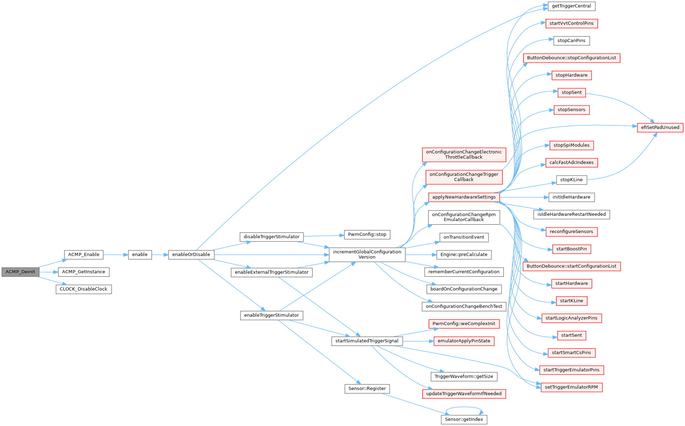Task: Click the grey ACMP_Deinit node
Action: [20, 272]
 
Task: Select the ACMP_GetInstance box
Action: [84, 272]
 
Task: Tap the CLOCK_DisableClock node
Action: [84, 289]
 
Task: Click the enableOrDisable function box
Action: [191, 255]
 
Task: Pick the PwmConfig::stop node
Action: [367, 235]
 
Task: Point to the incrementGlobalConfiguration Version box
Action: [367, 254]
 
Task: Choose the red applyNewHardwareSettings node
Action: [464, 197]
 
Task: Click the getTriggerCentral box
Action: [572, 6]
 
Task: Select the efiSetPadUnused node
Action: [660, 128]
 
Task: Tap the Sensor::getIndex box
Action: [464, 419]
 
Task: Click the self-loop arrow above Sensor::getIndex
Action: [464, 407]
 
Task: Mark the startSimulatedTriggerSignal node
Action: [367, 341]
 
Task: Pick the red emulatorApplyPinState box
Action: [464, 341]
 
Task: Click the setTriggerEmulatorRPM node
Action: [572, 387]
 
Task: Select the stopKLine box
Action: [572, 180]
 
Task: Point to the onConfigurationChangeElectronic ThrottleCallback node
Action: [464, 154]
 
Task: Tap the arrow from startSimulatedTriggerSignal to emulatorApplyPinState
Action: [418, 341]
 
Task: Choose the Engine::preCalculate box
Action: [464, 255]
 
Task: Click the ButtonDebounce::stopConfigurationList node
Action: [572, 58]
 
